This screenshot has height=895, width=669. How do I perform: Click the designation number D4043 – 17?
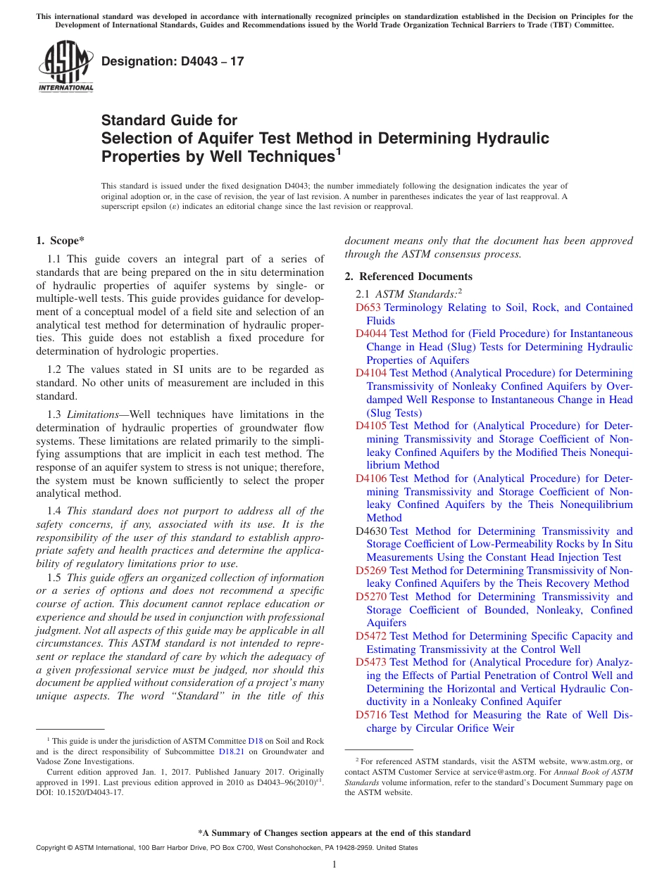[173, 61]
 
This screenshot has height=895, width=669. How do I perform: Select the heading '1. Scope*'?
[61, 241]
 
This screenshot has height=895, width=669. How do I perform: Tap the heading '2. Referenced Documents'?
[408, 277]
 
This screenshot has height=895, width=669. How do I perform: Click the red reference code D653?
[368, 307]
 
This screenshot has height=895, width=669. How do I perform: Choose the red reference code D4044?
[370, 334]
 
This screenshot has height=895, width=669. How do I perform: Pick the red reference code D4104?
[370, 373]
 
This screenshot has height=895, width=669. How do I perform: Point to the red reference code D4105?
[370, 426]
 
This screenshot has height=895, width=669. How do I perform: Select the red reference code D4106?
[370, 478]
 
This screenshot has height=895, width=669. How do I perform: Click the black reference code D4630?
[370, 531]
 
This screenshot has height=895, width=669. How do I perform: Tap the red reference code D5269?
[370, 571]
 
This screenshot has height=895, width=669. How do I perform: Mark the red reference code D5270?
[370, 597]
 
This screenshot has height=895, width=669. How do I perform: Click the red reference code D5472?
[370, 636]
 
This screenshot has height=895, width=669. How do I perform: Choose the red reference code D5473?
[370, 662]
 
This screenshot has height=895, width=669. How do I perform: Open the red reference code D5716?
[370, 715]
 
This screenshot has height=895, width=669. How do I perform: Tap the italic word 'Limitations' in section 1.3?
[96, 414]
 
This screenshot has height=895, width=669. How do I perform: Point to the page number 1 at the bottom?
[334, 865]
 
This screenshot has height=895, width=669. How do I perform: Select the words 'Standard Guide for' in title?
[169, 120]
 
